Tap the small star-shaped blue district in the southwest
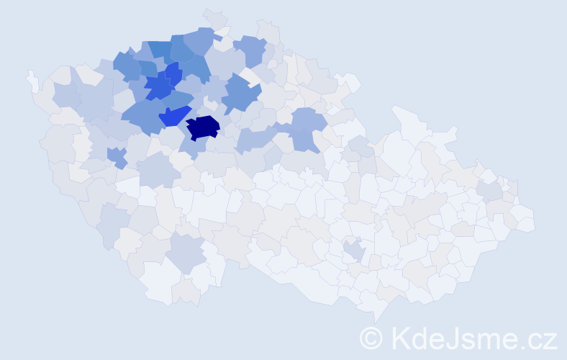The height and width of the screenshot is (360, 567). [x=115, y=156]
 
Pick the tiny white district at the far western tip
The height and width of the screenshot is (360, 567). [x=32, y=81]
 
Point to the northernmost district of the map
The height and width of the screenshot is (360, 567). [x=214, y=17]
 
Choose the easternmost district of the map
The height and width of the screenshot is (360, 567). [x=526, y=220]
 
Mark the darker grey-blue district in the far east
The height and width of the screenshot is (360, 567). [x=490, y=191]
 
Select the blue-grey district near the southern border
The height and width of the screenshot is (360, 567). [x=186, y=254]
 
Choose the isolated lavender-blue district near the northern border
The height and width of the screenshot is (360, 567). [x=251, y=50]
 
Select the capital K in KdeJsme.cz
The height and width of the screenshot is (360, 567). [x=399, y=338]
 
